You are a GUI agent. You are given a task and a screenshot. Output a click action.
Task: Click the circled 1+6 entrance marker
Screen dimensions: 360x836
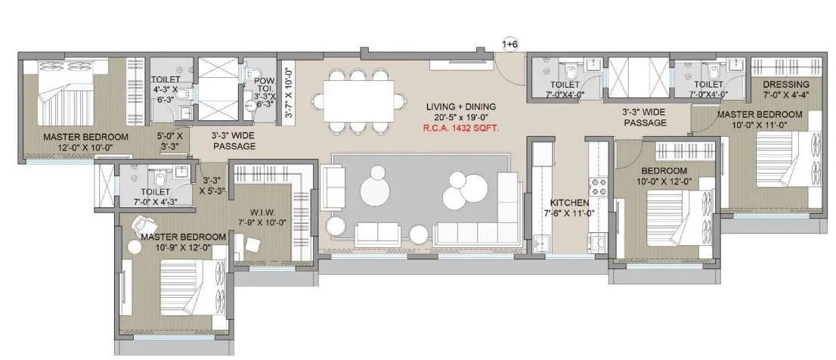[510, 45]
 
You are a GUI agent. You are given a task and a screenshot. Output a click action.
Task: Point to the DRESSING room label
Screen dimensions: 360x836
[786, 84]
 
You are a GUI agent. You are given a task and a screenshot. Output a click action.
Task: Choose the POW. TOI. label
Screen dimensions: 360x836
[264, 79]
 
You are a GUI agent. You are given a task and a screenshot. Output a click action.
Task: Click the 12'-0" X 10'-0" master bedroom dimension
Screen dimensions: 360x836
[85, 147]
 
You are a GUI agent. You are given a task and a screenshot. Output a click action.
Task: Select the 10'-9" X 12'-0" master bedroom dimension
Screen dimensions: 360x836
[184, 247]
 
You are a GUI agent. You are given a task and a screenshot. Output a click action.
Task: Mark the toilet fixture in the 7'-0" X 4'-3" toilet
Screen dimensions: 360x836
[159, 181]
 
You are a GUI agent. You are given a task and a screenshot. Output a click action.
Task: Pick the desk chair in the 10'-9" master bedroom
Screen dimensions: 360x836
[141, 225]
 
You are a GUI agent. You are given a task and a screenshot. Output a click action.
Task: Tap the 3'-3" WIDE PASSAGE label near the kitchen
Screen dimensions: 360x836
[644, 116]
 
